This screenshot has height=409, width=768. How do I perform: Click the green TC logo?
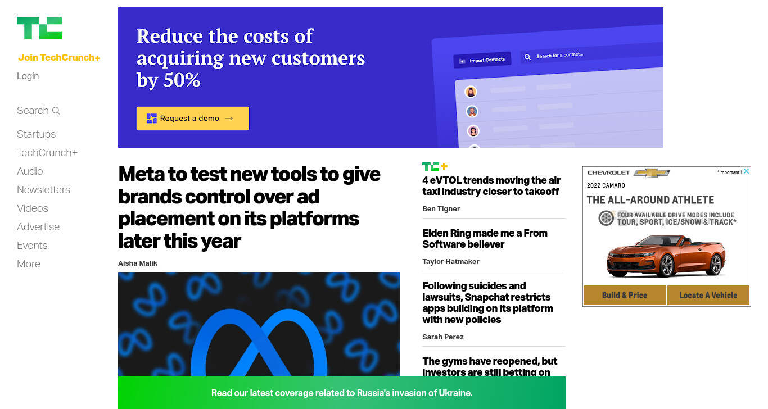(39, 28)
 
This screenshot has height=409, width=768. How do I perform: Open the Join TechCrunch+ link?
(59, 57)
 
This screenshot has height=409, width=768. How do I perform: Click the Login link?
(28, 76)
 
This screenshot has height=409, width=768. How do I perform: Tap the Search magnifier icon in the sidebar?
(56, 111)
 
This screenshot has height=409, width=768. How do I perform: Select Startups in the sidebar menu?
(36, 134)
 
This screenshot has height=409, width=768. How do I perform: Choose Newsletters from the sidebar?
(43, 190)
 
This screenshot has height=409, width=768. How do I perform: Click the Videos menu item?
(32, 208)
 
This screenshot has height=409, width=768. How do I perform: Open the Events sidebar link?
(32, 246)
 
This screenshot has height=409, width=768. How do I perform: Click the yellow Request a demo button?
(193, 119)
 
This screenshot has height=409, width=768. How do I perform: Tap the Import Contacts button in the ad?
(482, 60)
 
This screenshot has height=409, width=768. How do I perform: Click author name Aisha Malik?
(138, 263)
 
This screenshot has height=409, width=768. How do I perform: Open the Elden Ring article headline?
(485, 238)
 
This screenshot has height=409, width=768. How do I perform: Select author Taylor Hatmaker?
(450, 261)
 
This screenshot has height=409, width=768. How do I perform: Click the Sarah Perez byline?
(442, 337)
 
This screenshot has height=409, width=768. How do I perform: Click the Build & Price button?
(624, 296)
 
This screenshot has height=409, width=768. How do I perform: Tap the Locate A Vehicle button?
(708, 296)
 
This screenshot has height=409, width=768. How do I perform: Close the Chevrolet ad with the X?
(746, 171)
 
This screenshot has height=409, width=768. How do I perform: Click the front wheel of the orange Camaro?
(666, 266)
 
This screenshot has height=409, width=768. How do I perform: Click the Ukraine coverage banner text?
(342, 393)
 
